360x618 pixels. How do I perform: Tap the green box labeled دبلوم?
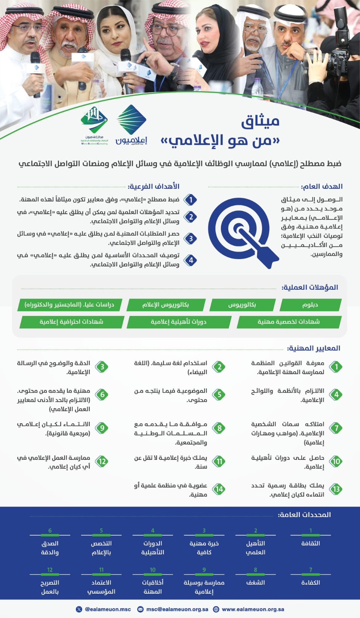coord(310,305)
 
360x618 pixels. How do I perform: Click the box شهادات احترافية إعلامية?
coord(71,322)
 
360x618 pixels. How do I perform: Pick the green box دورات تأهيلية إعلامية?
coord(178,322)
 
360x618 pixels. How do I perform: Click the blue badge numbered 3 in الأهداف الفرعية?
coord(190,238)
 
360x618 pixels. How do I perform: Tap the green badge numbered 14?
coord(219,489)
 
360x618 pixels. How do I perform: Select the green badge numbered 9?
coord(102,428)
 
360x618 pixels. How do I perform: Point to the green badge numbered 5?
coord(219,394)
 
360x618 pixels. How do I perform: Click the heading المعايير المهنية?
coord(313,348)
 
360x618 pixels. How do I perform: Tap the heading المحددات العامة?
coord(304,515)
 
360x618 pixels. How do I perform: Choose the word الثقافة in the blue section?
coord(311,543)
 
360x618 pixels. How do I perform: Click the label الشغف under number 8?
coord(255,582)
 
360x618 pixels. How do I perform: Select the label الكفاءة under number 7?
coord(311,582)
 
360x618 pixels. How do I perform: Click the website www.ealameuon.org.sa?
coord(253,609)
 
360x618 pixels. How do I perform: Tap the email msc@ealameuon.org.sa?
coord(177,609)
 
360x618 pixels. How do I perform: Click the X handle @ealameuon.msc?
coord(107,609)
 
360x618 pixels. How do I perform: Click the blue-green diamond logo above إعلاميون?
coord(131,119)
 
